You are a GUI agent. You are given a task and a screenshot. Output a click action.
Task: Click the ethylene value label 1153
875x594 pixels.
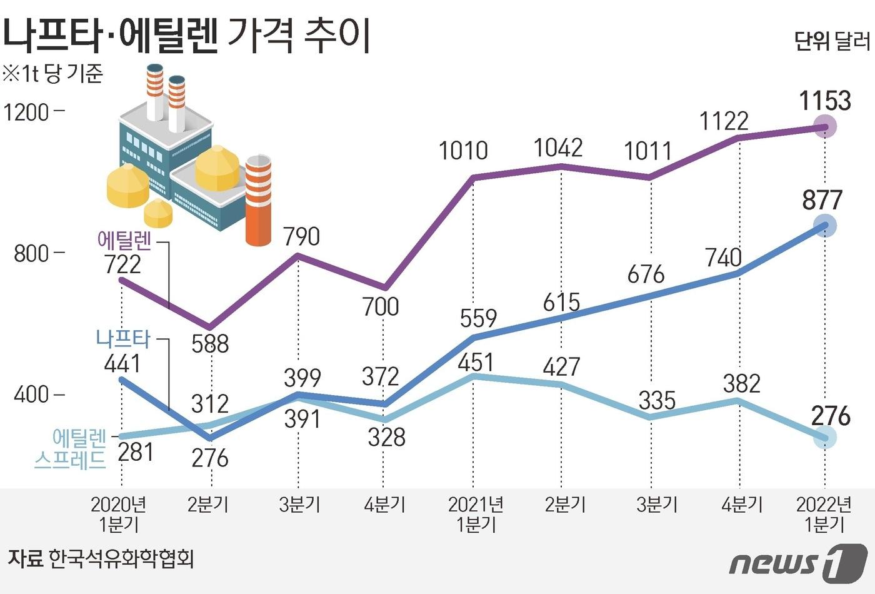coord(825,101)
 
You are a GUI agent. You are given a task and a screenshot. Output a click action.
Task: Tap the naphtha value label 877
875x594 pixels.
coord(822,201)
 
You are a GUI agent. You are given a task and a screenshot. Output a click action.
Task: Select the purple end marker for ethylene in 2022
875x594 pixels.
coord(825,128)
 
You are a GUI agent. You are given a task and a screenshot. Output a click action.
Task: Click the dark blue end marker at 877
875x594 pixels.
coord(825,226)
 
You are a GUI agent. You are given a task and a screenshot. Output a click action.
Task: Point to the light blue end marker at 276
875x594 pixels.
coord(825,436)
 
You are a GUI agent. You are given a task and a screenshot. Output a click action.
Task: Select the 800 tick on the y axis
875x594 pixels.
coord(31,253)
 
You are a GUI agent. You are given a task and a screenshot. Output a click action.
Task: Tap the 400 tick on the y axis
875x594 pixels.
coord(31,395)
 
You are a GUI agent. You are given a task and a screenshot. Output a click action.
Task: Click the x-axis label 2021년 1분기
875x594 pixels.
coord(476,514)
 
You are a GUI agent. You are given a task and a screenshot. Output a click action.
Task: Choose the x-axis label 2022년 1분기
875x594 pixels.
coord(824,514)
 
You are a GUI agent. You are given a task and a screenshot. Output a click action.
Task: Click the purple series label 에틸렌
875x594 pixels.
coord(125,241)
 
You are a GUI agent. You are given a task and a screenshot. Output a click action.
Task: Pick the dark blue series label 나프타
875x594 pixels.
coord(123,339)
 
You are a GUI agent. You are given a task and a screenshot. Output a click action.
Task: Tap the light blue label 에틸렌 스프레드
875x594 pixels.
coord(71,448)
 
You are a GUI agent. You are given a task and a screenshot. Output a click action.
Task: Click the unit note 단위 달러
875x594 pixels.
coord(832,41)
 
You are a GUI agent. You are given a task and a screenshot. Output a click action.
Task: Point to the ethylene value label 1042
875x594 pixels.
coord(558,148)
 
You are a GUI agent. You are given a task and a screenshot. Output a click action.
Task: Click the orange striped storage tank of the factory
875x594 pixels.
coord(258,200)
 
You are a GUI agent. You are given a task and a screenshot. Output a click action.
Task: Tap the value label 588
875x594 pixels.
coord(210,344)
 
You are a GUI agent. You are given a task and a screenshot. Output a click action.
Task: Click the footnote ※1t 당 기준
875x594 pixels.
coord(52,74)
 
